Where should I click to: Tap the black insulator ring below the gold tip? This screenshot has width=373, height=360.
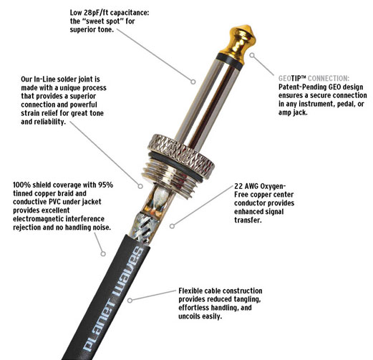[229, 62]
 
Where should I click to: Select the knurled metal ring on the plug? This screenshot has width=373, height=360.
[181, 156]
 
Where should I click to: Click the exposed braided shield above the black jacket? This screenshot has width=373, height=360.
[144, 228]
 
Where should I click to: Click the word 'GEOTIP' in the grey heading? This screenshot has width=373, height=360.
[292, 78]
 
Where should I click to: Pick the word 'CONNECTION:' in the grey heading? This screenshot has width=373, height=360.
[329, 78]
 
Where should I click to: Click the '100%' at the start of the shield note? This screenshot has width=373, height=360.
[21, 185]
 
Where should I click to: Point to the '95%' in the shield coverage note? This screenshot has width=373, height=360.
[106, 185]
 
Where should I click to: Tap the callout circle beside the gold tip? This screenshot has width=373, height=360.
[252, 55]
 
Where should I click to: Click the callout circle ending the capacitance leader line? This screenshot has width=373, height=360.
[193, 82]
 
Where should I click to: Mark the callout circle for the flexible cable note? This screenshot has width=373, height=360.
[130, 301]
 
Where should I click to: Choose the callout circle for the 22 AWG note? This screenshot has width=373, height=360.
[172, 225]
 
